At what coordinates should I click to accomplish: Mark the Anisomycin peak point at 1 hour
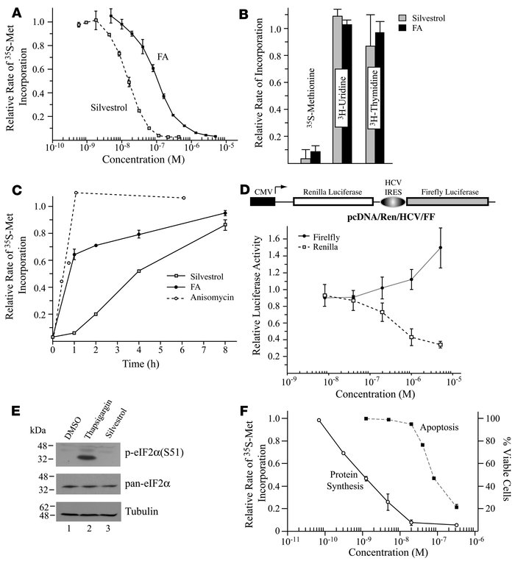coord(76,193)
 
